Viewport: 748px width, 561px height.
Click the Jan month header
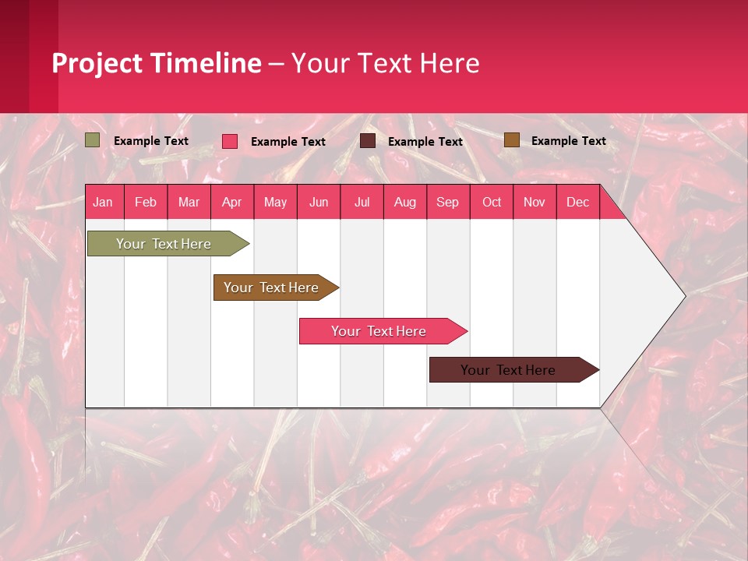tap(103, 202)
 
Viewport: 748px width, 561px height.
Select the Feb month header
tap(146, 202)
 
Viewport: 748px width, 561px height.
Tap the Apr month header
tap(231, 202)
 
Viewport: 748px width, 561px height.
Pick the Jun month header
tap(318, 202)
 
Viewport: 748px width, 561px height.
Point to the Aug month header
tap(404, 202)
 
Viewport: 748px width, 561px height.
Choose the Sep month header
tap(447, 202)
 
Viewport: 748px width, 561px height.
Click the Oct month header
tap(491, 202)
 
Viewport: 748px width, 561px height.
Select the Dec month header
tap(577, 202)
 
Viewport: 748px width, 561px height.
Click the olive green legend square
tap(93, 140)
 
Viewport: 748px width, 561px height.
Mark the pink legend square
tap(230, 141)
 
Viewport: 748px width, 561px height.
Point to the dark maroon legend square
tap(368, 141)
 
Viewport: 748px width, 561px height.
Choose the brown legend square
tap(511, 140)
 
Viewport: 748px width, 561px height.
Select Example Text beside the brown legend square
tap(568, 141)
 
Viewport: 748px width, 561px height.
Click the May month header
tap(275, 202)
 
